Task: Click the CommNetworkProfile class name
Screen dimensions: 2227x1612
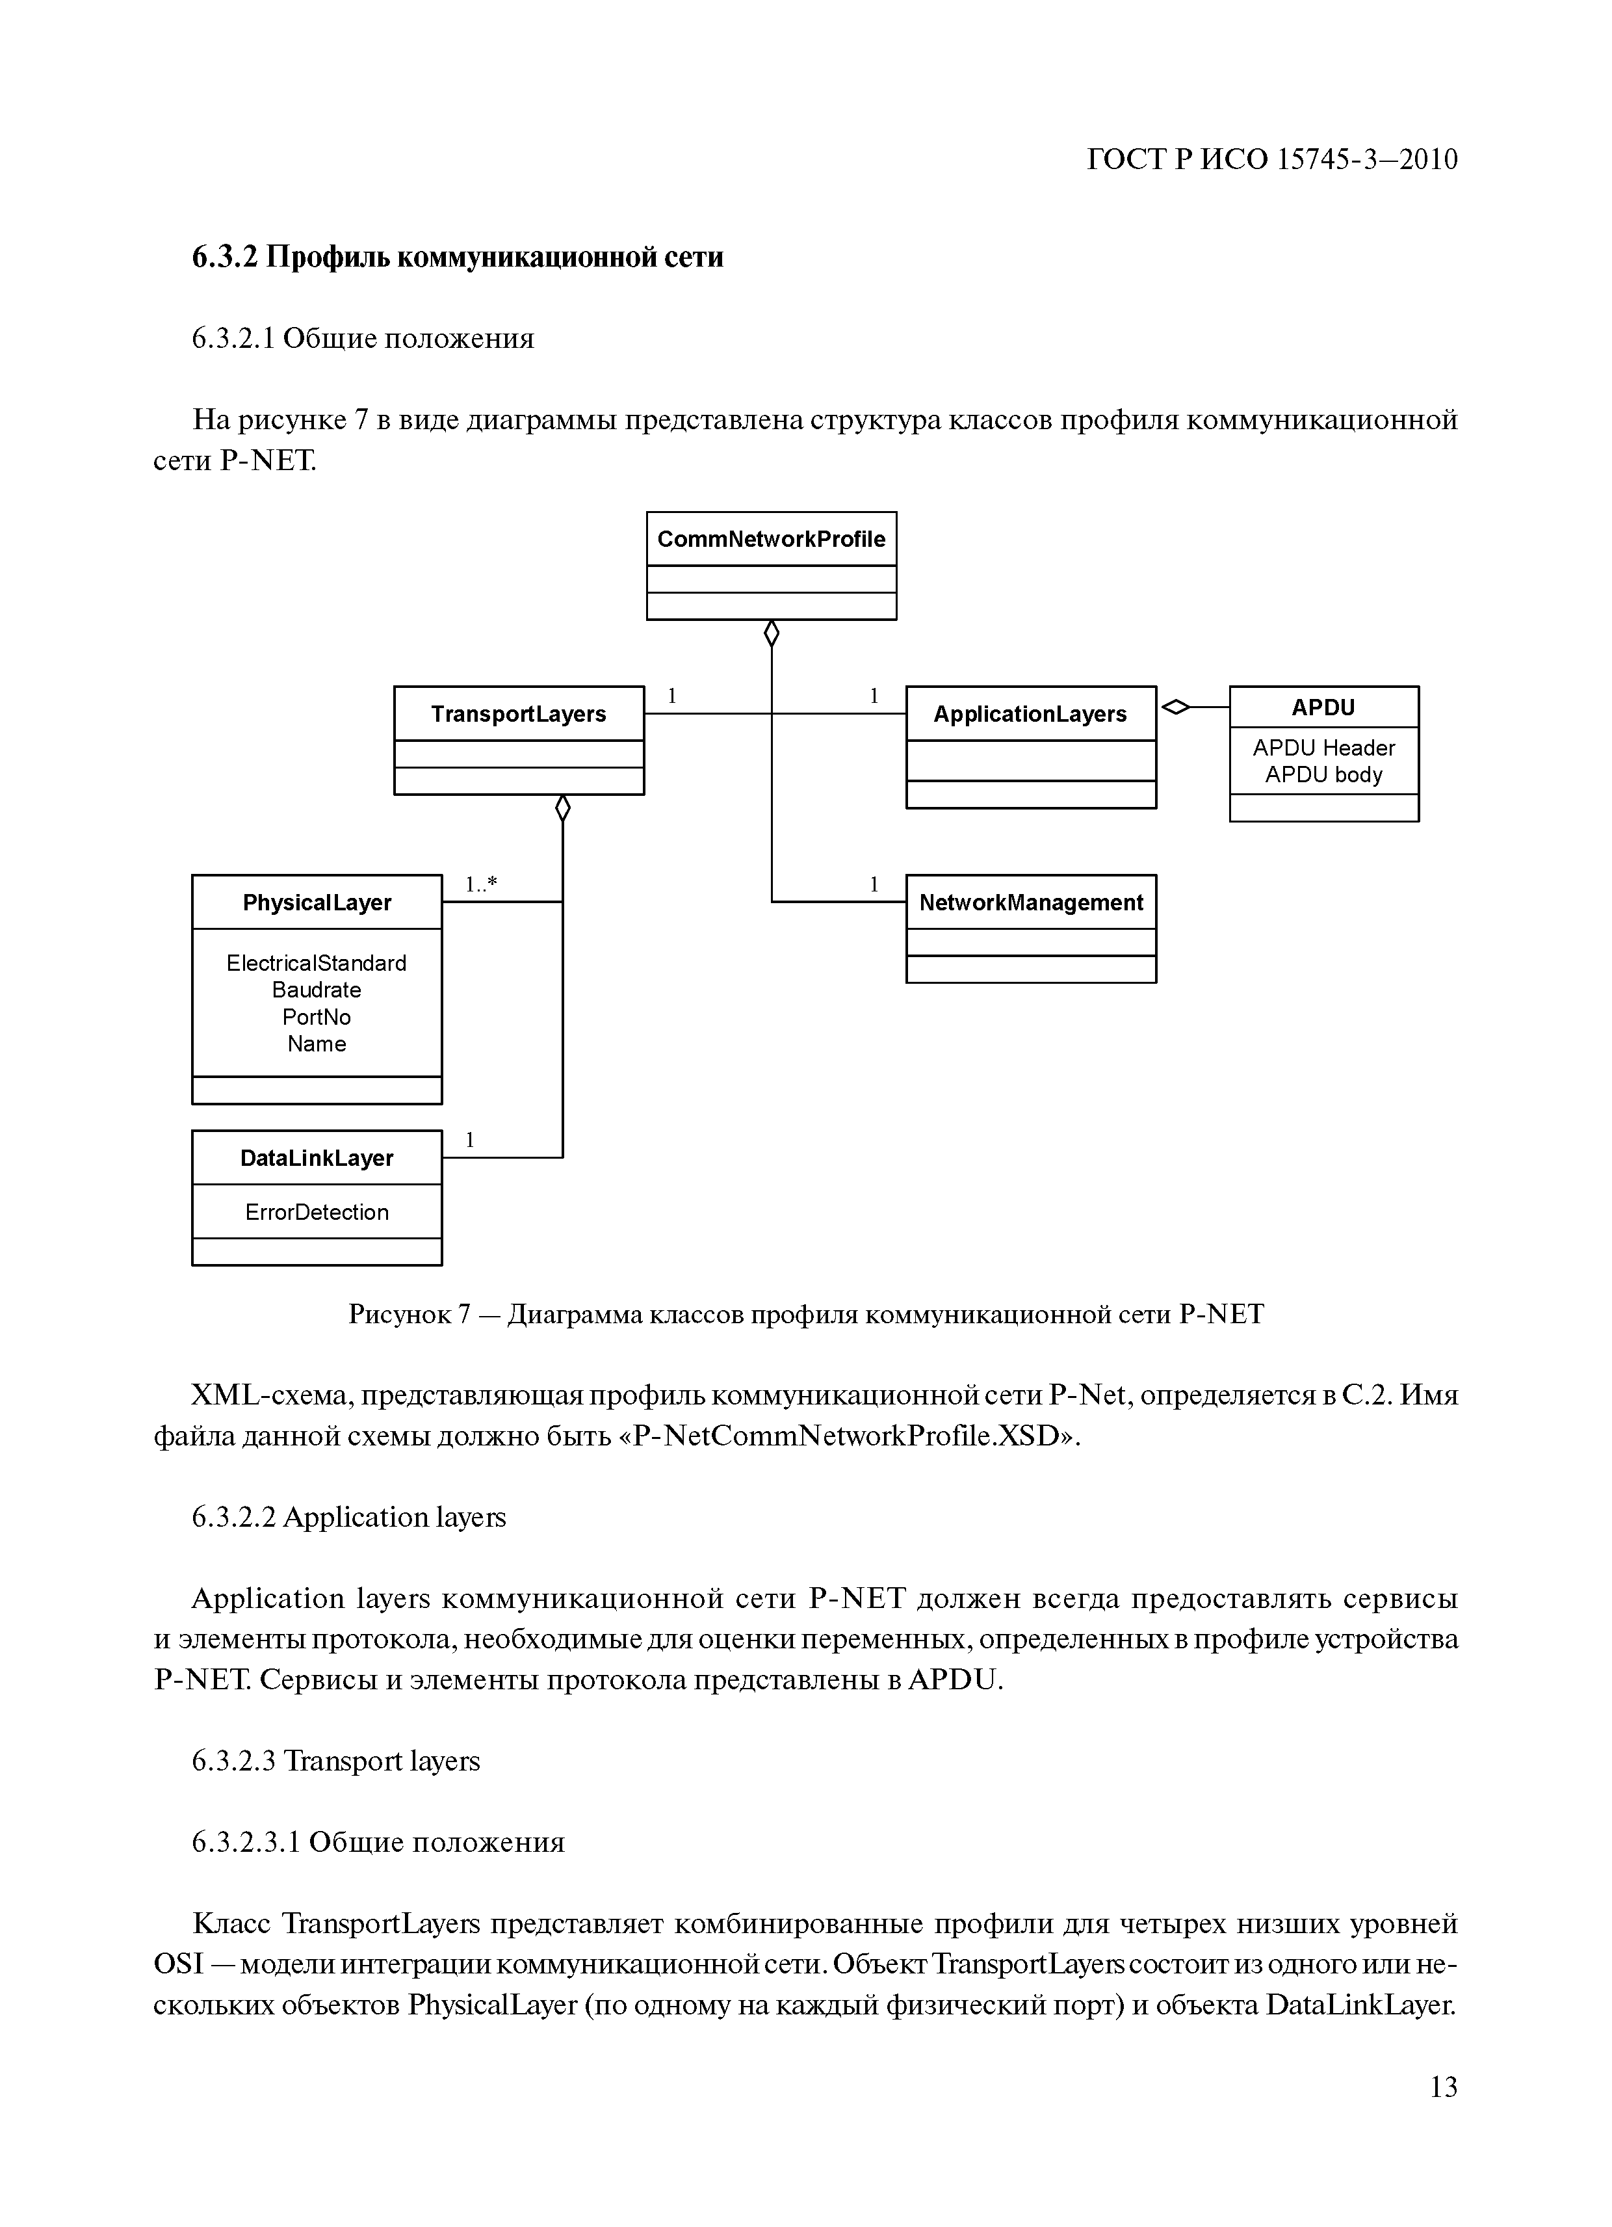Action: point(771,539)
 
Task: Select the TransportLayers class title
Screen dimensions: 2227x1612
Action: point(518,714)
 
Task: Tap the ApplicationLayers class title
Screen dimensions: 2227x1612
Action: point(1030,714)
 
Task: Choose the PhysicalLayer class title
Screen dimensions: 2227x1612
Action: point(316,903)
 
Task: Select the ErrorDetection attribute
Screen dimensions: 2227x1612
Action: point(316,1212)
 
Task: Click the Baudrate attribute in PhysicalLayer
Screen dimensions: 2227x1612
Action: point(316,990)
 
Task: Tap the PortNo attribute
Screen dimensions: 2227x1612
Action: point(316,1018)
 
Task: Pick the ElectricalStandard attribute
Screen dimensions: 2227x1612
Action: point(316,963)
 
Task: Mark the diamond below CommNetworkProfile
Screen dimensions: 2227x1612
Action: point(772,633)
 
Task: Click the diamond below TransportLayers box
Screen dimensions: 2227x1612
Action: point(562,808)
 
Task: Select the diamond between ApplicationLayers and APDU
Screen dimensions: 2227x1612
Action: point(1175,706)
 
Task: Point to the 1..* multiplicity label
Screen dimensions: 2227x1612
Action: point(481,885)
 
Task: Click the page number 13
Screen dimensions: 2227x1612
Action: point(1443,2114)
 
